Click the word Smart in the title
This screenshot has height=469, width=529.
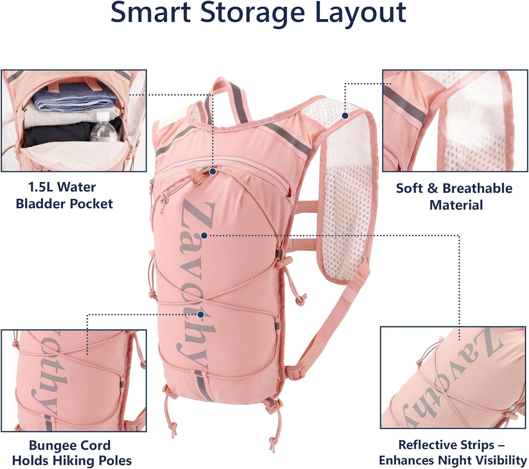click(151, 13)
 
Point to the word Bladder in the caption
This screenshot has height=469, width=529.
click(42, 204)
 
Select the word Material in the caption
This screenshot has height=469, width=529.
click(456, 205)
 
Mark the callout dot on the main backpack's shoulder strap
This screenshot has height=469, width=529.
click(345, 115)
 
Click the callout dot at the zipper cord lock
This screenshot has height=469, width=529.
click(213, 171)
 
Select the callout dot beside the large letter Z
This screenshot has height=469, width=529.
click(205, 236)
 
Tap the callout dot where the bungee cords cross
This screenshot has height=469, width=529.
click(201, 314)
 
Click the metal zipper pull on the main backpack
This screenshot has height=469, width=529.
click(151, 187)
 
